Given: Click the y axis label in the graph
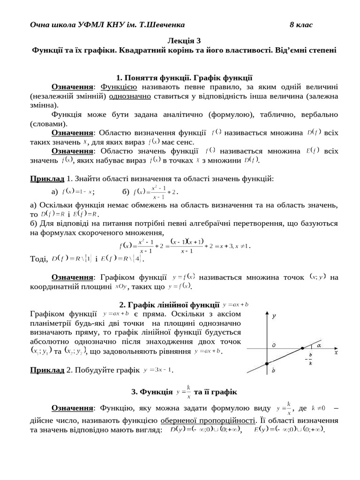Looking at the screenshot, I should [274, 316].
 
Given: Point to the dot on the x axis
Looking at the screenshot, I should [302, 348].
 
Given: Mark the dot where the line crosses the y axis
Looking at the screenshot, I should [267, 364].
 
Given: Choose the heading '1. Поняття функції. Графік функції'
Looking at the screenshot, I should [184, 78].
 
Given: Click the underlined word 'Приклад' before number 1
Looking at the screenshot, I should [47, 179].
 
